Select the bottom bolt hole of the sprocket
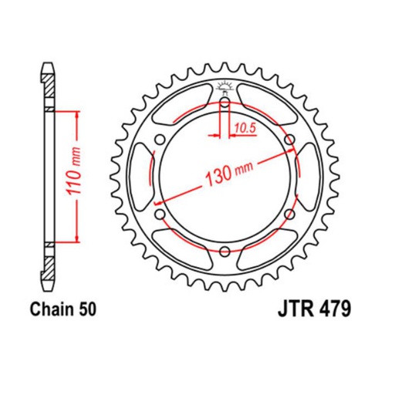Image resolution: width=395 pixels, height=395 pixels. point(224,250)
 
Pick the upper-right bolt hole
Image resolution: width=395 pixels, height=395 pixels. point(289,139)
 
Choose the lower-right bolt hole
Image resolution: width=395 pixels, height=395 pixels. point(289,214)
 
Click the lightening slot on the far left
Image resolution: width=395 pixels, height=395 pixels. point(142,176)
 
